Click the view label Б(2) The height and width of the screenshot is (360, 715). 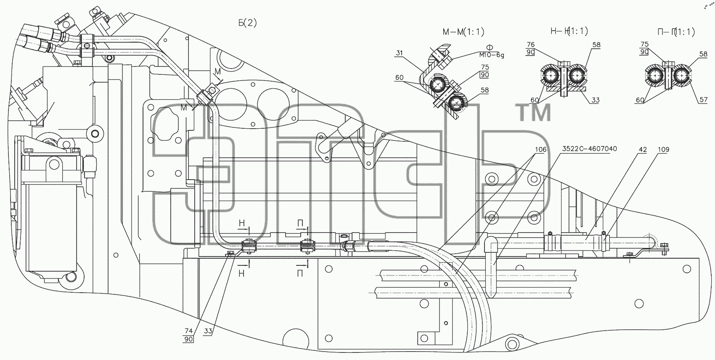pyautogui.click(x=247, y=23)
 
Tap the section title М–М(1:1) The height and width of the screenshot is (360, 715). pyautogui.click(x=463, y=32)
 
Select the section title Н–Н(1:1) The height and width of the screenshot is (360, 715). pyautogui.click(x=569, y=31)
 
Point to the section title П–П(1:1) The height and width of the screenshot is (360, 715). pyautogui.click(x=676, y=32)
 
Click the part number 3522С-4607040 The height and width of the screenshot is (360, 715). pyautogui.click(x=590, y=149)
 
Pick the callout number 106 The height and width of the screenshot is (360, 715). pyautogui.click(x=541, y=149)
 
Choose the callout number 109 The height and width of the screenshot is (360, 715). pyautogui.click(x=663, y=149)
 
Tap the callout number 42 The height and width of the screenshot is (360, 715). pyautogui.click(x=643, y=149)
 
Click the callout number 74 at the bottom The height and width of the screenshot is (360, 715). pyautogui.click(x=189, y=331)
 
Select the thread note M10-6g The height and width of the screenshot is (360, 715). pyautogui.click(x=492, y=55)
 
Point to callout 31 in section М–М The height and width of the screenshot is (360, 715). pyautogui.click(x=399, y=53)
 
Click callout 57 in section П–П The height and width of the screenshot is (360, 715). pyautogui.click(x=704, y=100)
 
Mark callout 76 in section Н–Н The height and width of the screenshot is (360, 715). pyautogui.click(x=530, y=45)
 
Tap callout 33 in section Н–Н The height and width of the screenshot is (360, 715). pyautogui.click(x=595, y=100)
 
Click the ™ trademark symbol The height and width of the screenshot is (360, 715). pyautogui.click(x=535, y=113)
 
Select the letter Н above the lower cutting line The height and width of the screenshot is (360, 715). pyautogui.click(x=242, y=223)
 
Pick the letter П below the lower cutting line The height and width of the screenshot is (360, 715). pyautogui.click(x=300, y=273)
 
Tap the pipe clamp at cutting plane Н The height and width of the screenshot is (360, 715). pyautogui.click(x=249, y=246)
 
